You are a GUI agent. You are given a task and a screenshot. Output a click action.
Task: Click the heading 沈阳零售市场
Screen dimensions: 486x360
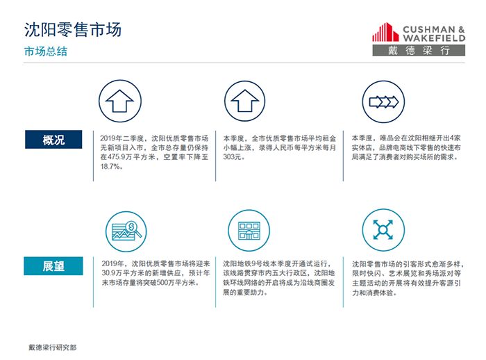(73, 30)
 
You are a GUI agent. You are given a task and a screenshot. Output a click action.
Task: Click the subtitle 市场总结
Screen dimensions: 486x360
(46, 51)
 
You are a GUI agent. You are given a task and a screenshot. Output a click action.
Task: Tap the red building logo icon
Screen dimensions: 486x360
(385, 32)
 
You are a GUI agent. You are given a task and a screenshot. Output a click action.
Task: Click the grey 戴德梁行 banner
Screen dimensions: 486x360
(419, 50)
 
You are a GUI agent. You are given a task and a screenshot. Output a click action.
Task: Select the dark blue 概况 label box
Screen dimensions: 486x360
(53, 140)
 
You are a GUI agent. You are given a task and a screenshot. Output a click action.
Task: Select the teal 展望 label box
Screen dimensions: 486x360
(53, 266)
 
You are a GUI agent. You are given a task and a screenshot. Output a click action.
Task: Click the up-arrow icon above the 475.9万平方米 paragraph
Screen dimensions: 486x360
(120, 101)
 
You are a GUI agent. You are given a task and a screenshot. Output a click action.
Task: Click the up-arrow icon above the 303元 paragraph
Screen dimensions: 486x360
(245, 101)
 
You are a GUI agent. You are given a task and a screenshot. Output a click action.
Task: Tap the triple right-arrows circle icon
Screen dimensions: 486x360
(383, 101)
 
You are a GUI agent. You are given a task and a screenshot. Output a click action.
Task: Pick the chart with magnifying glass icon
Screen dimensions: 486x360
(126, 231)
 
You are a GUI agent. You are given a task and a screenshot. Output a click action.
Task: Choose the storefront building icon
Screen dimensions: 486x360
(249, 231)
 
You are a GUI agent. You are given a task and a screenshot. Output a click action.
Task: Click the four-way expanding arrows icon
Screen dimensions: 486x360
(383, 229)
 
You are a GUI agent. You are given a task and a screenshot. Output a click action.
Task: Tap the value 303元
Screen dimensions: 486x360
(232, 157)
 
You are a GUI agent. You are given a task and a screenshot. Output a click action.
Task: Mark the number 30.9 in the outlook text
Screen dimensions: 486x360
(107, 273)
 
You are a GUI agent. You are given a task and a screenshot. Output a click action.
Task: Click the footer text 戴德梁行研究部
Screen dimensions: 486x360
(52, 347)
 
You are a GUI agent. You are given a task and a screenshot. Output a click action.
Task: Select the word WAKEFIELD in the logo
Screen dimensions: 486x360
(434, 38)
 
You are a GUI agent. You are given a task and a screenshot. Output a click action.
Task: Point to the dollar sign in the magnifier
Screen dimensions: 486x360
(131, 227)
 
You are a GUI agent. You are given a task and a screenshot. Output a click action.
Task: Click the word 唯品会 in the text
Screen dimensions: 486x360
(389, 138)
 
